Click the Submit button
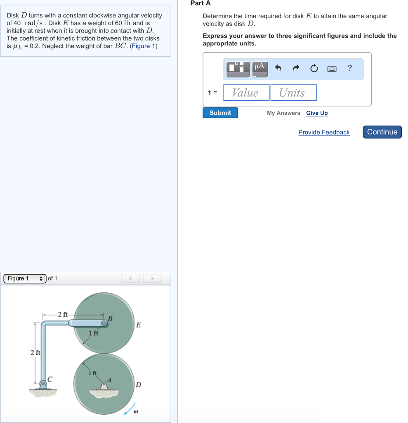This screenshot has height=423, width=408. coord(220,113)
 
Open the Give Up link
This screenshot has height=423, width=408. coord(317,113)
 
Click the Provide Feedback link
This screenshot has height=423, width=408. coord(324,132)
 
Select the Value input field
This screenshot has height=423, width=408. coord(246,93)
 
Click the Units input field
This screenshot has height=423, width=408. coord(293,93)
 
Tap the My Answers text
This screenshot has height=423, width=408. coord(283,113)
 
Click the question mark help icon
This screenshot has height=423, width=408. coord(350,68)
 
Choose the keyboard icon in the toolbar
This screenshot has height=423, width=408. coord(332,69)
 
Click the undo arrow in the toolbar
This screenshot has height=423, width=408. coord(278,69)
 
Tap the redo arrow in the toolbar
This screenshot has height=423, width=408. coord(296,69)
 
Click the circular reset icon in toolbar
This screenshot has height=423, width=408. coord(314,69)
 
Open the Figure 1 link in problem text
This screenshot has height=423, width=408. coord(143,46)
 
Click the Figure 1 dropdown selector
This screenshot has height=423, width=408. coord(25,278)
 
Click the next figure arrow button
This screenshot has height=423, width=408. coord(152,278)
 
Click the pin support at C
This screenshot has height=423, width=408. coord(43,384)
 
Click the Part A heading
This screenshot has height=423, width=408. coord(200,3)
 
